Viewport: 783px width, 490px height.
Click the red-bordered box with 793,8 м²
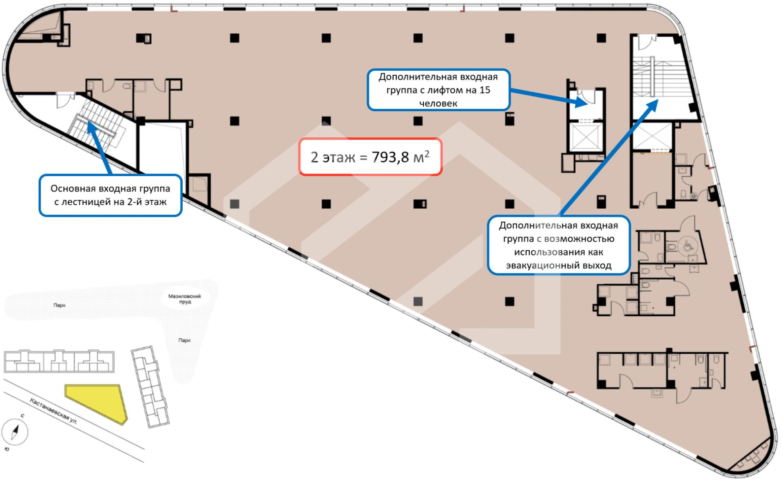point(370,157)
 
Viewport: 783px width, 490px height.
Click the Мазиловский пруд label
point(185,299)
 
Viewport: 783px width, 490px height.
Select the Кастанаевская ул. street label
point(53,411)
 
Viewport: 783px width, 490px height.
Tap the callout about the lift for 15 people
point(438,90)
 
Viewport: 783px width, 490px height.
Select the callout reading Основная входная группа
point(110,195)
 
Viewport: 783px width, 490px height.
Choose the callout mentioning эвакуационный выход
point(559,245)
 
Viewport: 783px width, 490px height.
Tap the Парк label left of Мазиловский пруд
point(59,305)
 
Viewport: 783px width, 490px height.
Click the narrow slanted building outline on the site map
point(150,386)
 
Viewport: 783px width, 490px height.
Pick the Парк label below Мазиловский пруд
point(184,340)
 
